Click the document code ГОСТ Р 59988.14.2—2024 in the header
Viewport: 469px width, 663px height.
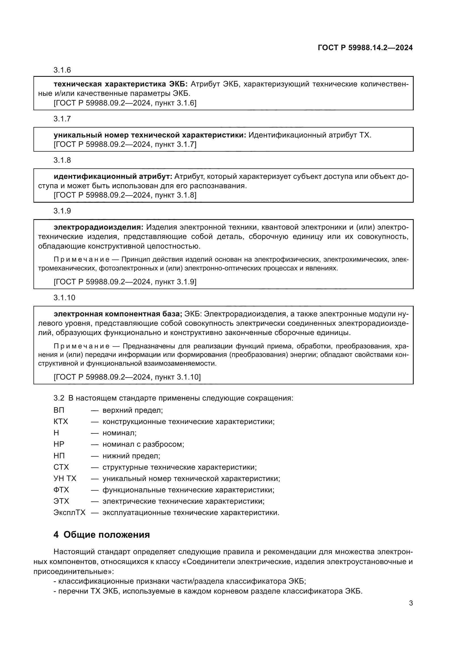pyautogui.click(x=365, y=48)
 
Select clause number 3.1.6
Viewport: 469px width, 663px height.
pyautogui.click(x=62, y=70)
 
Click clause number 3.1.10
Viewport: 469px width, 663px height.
pyautogui.click(x=64, y=298)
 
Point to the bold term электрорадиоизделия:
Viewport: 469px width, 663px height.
pyautogui.click(x=98, y=227)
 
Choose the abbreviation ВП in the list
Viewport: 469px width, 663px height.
pyautogui.click(x=59, y=410)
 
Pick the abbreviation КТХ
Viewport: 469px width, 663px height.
pyautogui.click(x=61, y=421)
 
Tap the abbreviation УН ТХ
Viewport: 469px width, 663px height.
pyautogui.click(x=65, y=478)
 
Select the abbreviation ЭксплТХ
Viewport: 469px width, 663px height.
pyautogui.click(x=69, y=512)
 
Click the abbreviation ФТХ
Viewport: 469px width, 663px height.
pyautogui.click(x=61, y=490)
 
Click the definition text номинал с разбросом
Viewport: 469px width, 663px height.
pyautogui.click(x=143, y=444)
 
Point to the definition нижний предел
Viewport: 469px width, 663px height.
pyautogui.click(x=131, y=456)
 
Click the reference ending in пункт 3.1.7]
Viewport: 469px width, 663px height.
pyautogui.click(x=125, y=144)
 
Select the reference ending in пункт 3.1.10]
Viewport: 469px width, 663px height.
pyautogui.click(x=127, y=377)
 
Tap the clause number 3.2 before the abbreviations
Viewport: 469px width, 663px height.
pyautogui.click(x=59, y=398)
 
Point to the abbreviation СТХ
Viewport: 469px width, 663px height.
pyautogui.click(x=61, y=467)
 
